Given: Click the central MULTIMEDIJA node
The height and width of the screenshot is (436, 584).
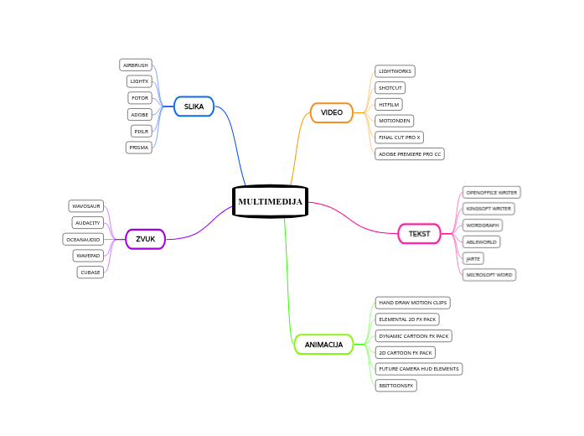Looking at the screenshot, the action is (270, 201).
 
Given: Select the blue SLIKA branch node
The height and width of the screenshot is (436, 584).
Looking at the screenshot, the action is (194, 106).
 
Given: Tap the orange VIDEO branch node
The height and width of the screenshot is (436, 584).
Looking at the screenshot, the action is (332, 112).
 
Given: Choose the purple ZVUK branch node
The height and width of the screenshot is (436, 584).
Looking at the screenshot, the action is (145, 239).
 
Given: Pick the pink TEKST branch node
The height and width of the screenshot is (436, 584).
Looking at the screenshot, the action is (419, 233).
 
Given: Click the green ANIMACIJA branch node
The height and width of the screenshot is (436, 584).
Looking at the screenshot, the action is (323, 345).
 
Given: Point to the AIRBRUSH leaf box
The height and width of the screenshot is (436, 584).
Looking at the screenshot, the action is (135, 65).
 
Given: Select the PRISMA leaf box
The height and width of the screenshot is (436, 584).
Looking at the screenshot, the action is (139, 148).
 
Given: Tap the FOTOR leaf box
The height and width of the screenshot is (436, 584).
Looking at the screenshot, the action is (140, 98).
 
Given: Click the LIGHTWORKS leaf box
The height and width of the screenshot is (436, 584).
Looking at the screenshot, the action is (395, 71).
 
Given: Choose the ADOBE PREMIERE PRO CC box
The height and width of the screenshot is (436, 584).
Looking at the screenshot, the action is (410, 154).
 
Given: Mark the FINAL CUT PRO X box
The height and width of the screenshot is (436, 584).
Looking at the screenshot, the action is (400, 138).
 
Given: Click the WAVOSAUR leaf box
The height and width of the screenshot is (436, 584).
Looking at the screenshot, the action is (86, 205).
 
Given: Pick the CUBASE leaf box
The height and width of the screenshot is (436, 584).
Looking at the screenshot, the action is (90, 272).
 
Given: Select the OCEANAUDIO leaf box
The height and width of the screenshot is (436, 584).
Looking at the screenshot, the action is (84, 239).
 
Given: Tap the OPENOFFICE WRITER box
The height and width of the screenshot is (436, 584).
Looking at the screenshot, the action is (492, 192).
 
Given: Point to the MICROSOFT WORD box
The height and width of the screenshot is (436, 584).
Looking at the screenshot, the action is (489, 275).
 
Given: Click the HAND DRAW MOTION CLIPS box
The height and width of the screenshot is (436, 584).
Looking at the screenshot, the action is (413, 302).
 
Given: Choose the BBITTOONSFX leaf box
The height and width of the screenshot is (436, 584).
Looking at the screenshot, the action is (396, 386).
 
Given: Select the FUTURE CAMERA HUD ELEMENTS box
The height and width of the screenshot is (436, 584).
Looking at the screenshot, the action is (419, 369).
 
